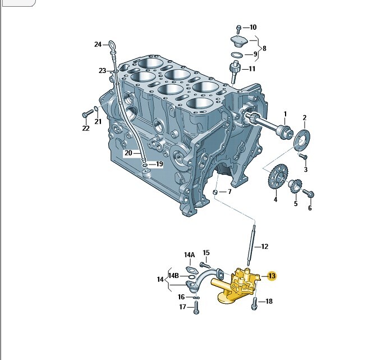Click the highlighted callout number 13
tap(272, 276)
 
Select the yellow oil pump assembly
tap(236, 286)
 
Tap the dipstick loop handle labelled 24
tap(112, 45)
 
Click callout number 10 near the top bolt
tap(253, 27)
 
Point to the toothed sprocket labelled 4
tap(278, 176)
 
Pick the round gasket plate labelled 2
tap(302, 139)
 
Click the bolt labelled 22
tap(88, 113)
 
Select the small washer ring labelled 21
tap(96, 108)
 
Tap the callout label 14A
tap(189, 255)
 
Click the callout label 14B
tap(173, 276)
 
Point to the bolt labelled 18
tap(254, 304)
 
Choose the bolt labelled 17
tap(196, 308)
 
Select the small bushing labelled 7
tap(215, 192)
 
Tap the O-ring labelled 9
tap(237, 55)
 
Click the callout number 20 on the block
tap(128, 153)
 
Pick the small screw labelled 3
tap(302, 156)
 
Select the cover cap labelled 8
tap(239, 41)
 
